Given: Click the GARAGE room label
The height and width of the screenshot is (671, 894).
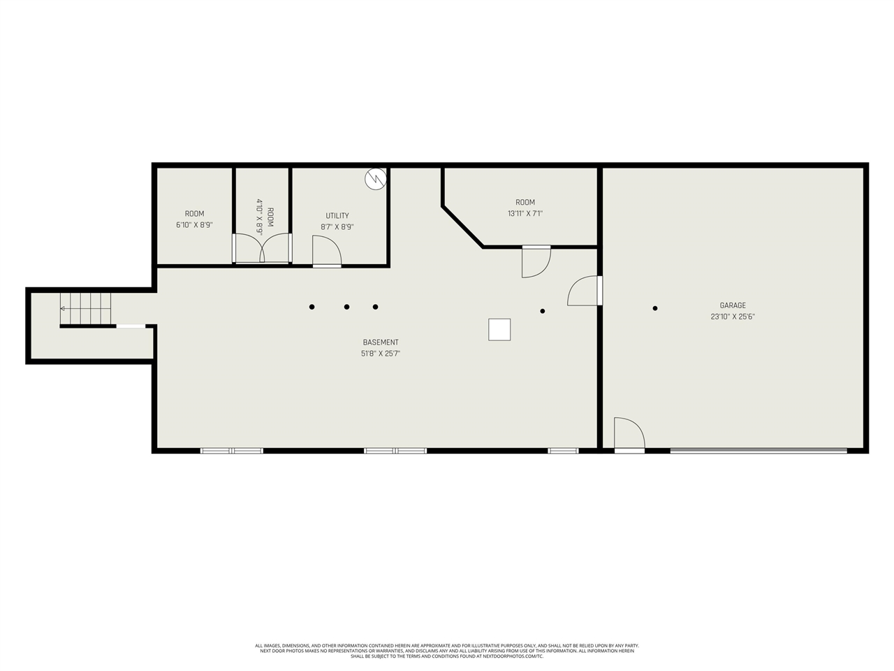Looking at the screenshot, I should [733, 305].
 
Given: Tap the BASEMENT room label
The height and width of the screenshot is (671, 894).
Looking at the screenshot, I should [381, 342].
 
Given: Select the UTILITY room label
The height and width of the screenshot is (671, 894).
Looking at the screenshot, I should [337, 216].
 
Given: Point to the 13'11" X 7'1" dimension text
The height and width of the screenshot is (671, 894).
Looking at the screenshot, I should [525, 214].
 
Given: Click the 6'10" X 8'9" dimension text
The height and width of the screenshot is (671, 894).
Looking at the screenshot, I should [195, 225].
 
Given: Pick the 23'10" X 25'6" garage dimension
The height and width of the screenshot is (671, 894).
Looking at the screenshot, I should [733, 317].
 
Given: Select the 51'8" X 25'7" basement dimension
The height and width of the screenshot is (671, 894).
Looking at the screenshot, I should [381, 354].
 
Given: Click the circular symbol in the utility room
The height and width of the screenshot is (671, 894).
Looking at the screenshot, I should [376, 179].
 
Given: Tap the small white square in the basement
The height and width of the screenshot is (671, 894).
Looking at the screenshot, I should [499, 329].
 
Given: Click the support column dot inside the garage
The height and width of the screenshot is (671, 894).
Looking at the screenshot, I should [655, 308].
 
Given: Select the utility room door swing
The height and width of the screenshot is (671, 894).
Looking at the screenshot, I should [326, 251].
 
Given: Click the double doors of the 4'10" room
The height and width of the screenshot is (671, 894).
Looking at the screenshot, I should [262, 249].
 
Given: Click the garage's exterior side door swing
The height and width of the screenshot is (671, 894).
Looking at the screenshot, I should [629, 433].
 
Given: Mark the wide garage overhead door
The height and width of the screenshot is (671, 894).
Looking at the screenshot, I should [759, 451].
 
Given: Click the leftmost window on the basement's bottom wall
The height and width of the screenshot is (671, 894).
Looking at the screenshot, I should [232, 451].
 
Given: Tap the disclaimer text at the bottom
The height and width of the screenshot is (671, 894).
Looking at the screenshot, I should [447, 651].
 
